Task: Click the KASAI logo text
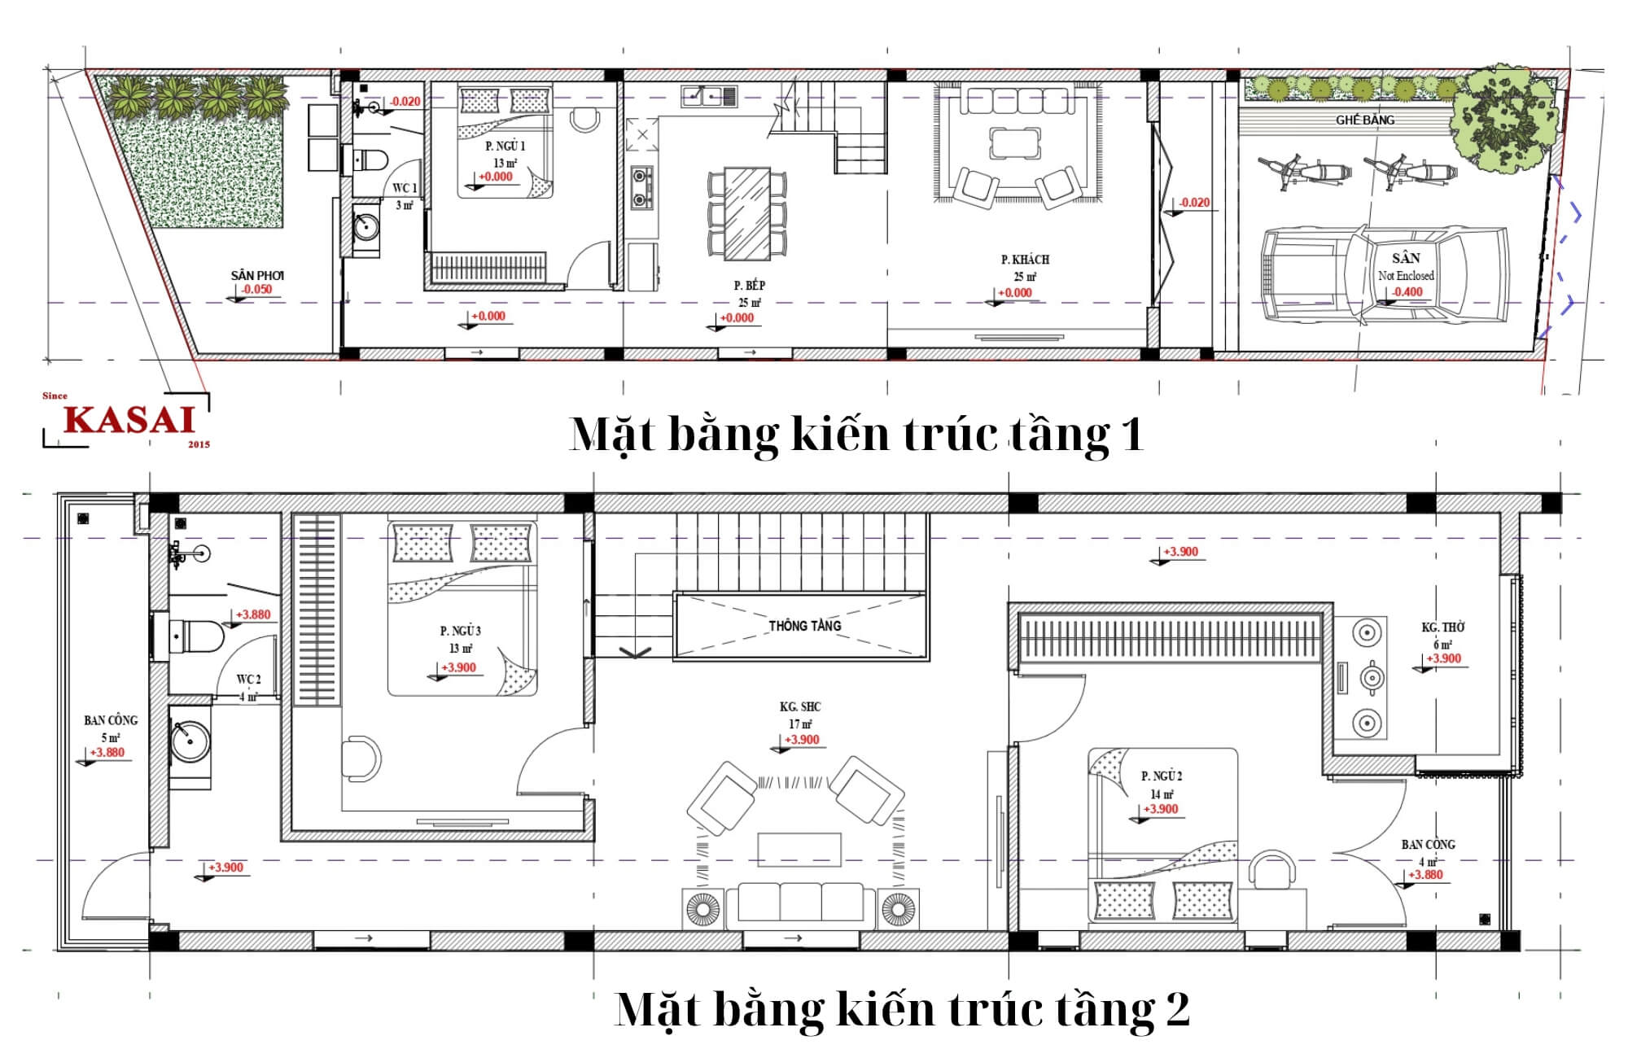[130, 419]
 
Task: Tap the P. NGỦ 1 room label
[505, 146]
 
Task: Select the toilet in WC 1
[372, 160]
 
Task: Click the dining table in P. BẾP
[747, 213]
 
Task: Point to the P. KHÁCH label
[1025, 260]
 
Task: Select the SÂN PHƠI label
[257, 276]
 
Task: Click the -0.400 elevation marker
[1407, 292]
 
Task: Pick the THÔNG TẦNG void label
[804, 626]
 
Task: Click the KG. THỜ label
[1442, 627]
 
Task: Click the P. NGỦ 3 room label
[460, 631]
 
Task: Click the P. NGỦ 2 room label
[1162, 776]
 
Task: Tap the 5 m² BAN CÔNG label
[111, 721]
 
